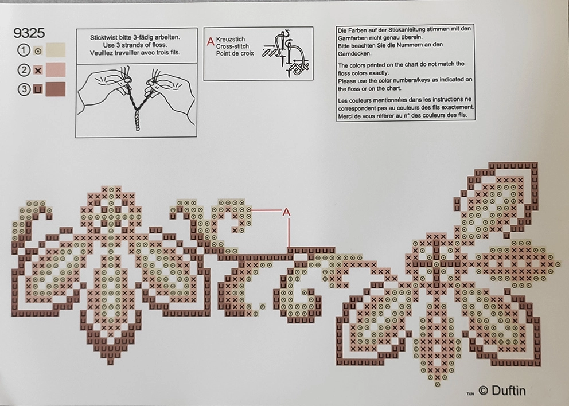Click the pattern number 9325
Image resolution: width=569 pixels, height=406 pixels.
29,34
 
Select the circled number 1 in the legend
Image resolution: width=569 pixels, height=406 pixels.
24,50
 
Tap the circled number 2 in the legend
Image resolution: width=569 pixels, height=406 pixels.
24,70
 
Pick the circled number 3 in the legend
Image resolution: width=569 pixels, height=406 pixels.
24,89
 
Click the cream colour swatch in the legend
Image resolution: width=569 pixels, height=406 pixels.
56,50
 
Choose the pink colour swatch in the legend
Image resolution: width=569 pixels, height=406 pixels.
56,70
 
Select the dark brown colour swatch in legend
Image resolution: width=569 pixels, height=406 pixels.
56,89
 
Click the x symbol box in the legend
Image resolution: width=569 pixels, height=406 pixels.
38,70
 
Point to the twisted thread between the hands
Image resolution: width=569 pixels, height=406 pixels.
136,103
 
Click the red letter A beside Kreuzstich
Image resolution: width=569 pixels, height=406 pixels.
211,42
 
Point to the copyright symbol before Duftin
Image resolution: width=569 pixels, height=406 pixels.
483,391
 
